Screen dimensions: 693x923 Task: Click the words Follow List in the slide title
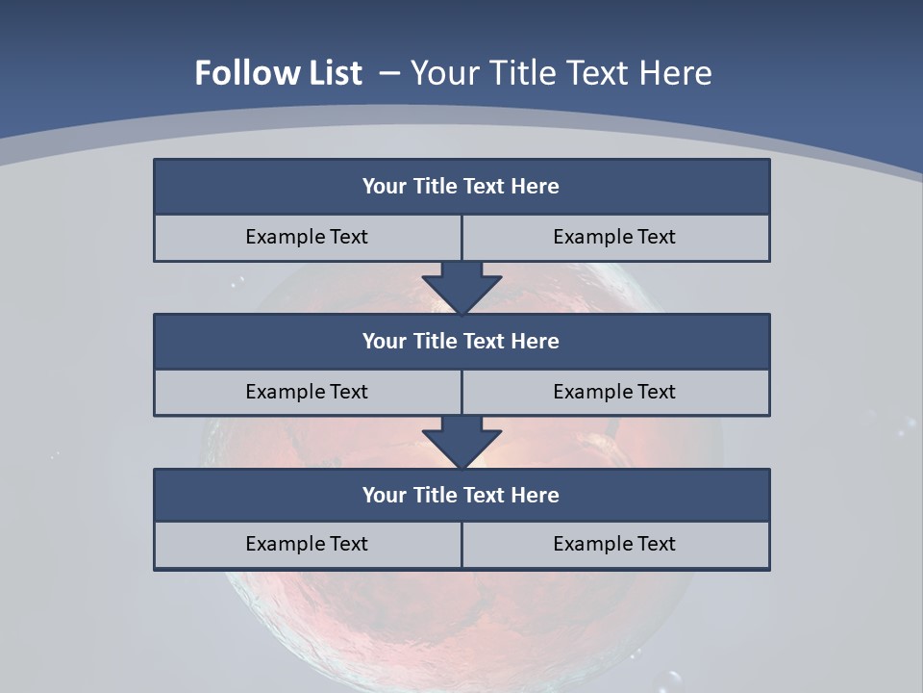point(278,73)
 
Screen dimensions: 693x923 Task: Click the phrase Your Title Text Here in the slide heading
point(561,73)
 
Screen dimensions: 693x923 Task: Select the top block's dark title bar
point(461,187)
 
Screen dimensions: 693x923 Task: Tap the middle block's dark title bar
point(461,341)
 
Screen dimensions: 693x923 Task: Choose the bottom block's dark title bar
point(461,495)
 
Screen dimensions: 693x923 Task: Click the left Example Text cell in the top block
point(307,237)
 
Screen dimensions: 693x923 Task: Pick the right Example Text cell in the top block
point(615,237)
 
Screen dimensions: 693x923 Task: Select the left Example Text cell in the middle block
point(307,392)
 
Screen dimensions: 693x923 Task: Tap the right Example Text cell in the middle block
point(615,392)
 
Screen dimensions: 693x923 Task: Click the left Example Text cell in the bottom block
point(307,544)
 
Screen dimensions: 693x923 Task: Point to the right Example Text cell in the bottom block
point(615,544)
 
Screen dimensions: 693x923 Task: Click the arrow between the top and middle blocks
point(461,287)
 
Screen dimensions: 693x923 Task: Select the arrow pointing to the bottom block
point(461,442)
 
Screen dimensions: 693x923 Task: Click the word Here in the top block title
point(536,187)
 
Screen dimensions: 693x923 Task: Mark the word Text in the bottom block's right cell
point(656,544)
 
